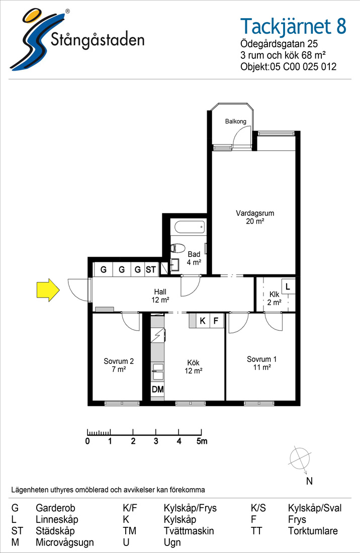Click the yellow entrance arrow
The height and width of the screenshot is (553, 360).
click(x=48, y=290)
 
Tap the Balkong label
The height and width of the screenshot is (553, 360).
click(x=235, y=121)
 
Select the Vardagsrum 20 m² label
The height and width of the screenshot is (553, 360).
click(x=255, y=217)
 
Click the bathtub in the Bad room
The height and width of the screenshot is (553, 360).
click(x=190, y=227)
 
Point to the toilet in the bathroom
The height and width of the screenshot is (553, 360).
click(x=178, y=248)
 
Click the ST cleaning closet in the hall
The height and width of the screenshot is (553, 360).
click(x=151, y=269)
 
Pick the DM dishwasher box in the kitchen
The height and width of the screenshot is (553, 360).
click(x=158, y=389)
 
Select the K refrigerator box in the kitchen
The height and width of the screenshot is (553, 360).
click(x=203, y=321)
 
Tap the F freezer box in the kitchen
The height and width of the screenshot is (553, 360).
click(x=217, y=321)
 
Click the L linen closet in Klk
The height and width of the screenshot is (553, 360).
click(x=288, y=287)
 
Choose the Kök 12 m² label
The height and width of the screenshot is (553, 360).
click(x=193, y=366)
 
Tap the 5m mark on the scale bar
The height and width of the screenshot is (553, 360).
click(x=202, y=441)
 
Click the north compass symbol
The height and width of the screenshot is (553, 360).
click(x=300, y=458)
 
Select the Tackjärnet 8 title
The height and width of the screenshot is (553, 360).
click(x=293, y=27)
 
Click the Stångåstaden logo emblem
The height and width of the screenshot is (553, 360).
click(x=35, y=39)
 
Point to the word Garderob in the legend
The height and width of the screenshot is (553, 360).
click(x=55, y=508)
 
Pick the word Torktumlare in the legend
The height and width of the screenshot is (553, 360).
click(x=313, y=531)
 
